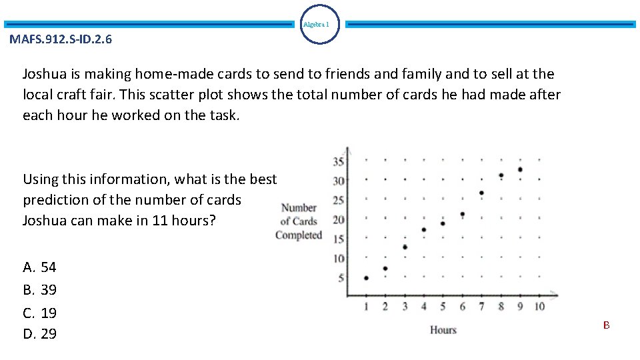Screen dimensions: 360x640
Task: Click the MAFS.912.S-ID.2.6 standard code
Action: [x=61, y=39]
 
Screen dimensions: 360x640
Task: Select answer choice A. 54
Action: [x=40, y=268]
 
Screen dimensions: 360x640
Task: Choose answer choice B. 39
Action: [x=40, y=290]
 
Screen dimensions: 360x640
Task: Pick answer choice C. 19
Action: [x=40, y=313]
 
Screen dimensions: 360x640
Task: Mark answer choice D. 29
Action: [x=40, y=334]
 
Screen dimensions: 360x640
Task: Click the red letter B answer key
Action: [x=607, y=325]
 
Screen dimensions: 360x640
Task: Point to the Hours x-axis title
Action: [x=443, y=330]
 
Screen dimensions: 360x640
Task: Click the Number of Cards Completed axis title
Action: [x=299, y=221]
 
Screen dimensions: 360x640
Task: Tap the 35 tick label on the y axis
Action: [x=338, y=161]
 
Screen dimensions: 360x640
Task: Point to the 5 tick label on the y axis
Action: [x=341, y=278]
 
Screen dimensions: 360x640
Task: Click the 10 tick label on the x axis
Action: [x=539, y=307]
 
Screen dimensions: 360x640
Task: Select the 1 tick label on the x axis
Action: [x=366, y=307]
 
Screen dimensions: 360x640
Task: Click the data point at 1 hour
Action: [x=366, y=278]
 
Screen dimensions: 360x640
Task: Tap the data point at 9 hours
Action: [x=520, y=169]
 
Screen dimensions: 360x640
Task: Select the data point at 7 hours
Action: [x=481, y=193]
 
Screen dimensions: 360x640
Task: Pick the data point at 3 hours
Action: [x=405, y=247]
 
